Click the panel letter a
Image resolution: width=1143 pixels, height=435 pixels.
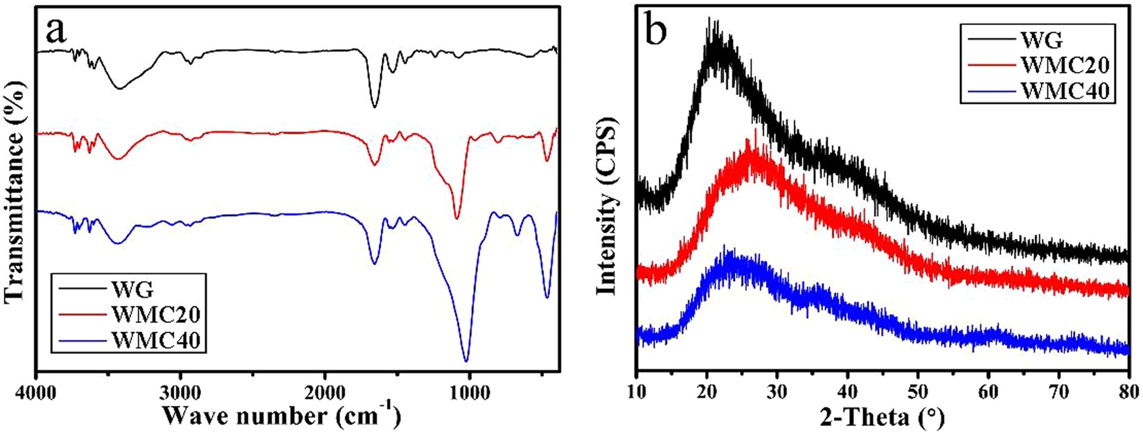[x=57, y=32]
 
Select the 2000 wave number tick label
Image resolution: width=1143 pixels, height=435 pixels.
[x=324, y=390]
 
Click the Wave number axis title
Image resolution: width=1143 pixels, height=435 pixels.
[x=281, y=416]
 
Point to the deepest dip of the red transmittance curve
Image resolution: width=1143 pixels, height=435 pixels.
[x=457, y=217]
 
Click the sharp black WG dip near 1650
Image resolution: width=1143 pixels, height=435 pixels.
[x=374, y=107]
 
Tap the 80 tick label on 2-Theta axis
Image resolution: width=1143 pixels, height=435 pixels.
[x=1128, y=390]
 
